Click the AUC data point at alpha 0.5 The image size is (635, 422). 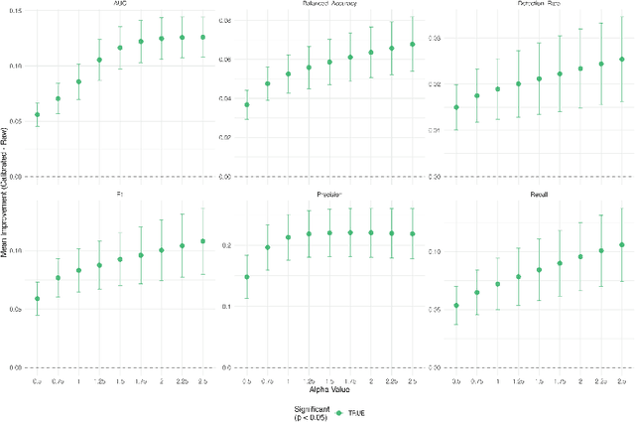click(x=38, y=114)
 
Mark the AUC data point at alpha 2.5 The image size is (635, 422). click(x=203, y=38)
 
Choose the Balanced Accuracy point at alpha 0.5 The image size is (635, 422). click(x=247, y=104)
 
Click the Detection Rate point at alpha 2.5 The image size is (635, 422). click(x=622, y=60)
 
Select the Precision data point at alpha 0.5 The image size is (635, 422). click(x=247, y=277)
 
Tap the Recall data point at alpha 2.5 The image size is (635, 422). click(x=622, y=244)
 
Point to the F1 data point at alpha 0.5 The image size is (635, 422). click(x=38, y=299)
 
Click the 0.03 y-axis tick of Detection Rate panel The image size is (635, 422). click(x=437, y=37)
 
